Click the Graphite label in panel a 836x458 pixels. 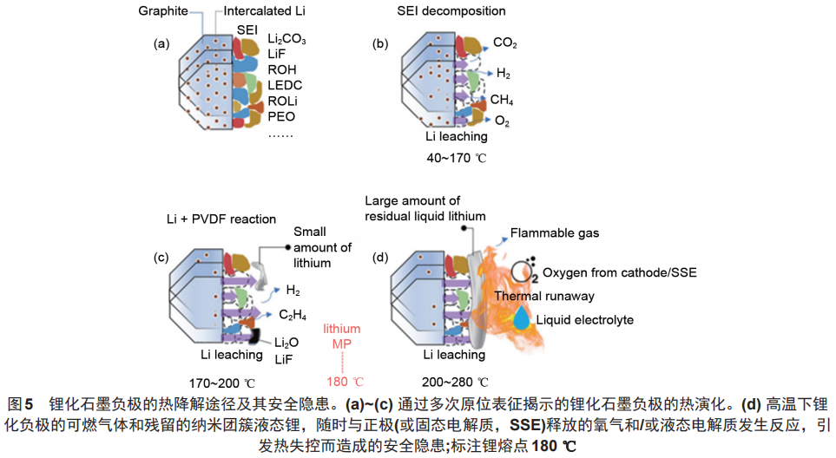point(163,11)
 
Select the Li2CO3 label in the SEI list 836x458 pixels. point(286,40)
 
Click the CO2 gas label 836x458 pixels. point(506,42)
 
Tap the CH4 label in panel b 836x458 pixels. point(501,100)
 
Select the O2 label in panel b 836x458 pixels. point(502,121)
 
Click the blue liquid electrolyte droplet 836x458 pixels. point(522,319)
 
